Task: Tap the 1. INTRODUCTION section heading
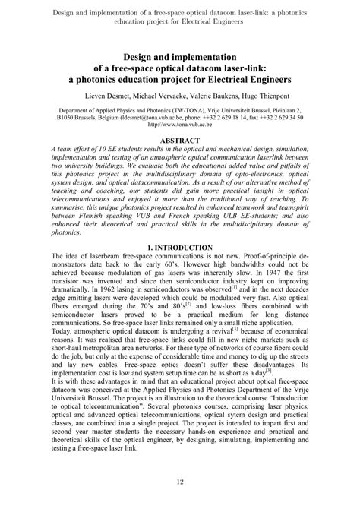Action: pyautogui.click(x=180, y=269)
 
